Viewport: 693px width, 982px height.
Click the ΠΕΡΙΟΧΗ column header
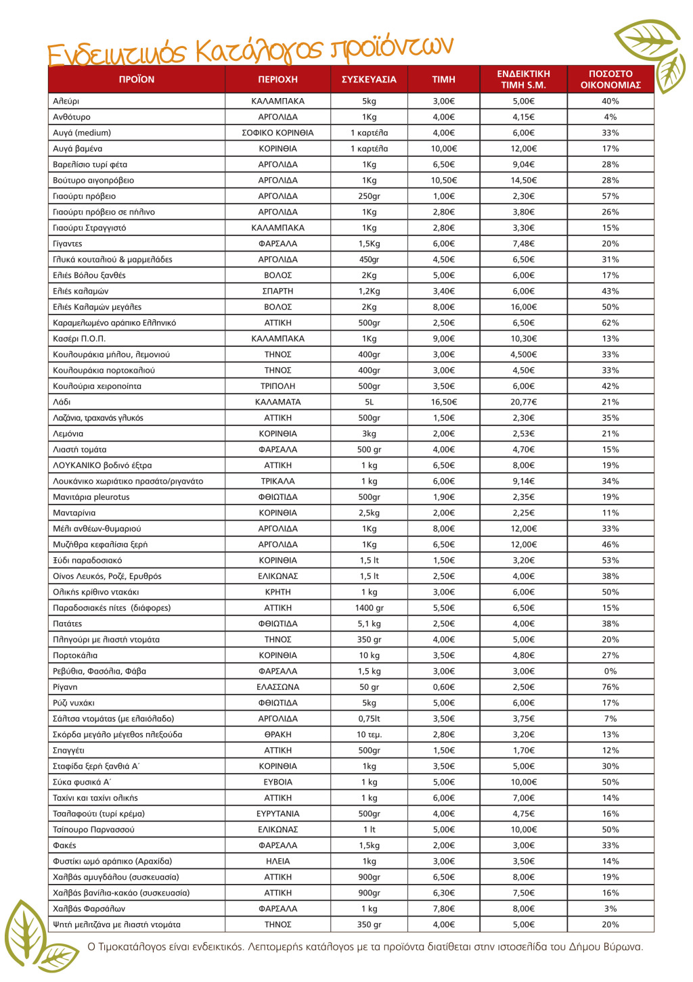(277, 79)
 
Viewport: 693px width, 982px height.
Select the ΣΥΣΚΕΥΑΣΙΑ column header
(369, 79)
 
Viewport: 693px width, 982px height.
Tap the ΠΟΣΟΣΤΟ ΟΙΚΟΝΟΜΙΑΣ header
(610, 79)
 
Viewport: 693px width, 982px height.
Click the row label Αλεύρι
(66, 101)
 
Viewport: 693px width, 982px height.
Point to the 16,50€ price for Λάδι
(444, 402)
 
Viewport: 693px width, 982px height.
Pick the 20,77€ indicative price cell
(523, 402)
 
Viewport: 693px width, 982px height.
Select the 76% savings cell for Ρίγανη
(610, 687)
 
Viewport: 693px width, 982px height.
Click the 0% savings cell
(610, 672)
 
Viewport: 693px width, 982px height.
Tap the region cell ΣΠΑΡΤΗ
(277, 291)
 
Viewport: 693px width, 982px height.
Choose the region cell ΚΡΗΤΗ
(277, 592)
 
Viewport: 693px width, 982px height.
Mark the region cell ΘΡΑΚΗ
(277, 734)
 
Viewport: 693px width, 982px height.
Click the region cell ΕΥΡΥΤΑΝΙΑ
(277, 814)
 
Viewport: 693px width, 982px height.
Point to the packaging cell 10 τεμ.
(369, 734)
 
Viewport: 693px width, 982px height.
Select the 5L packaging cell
(369, 402)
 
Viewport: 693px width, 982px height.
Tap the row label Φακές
(64, 845)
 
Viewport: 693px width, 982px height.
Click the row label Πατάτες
(68, 624)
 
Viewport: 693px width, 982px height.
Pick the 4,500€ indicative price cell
(523, 354)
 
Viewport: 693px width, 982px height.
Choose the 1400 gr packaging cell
(369, 608)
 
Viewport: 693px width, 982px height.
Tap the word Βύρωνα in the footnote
(623, 947)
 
